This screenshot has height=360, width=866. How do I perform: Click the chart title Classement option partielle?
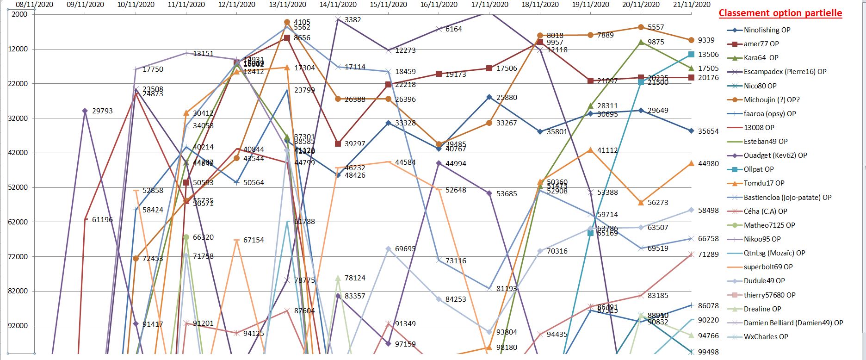click(x=780, y=13)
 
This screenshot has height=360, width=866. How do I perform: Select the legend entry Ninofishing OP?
click(x=767, y=30)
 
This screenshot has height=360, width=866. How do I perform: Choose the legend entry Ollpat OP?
click(x=758, y=169)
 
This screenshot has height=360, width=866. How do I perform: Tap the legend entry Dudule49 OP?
click(x=764, y=281)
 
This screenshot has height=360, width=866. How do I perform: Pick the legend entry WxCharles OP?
click(x=765, y=337)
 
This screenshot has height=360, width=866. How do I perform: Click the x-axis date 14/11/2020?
click(x=338, y=5)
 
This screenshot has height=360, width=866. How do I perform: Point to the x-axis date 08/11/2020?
click(x=34, y=5)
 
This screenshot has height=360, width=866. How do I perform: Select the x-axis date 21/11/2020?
click(x=691, y=5)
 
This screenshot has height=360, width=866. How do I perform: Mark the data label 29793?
click(x=102, y=111)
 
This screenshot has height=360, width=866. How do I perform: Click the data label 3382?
click(x=353, y=20)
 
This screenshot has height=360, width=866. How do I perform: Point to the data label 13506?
click(x=708, y=55)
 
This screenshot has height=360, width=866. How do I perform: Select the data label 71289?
click(x=708, y=254)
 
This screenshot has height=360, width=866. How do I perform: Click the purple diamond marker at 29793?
click(x=85, y=111)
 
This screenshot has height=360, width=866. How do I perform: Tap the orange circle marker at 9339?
click(x=691, y=40)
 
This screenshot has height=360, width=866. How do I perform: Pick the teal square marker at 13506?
click(x=691, y=55)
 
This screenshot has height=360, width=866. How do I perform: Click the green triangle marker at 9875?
click(x=641, y=42)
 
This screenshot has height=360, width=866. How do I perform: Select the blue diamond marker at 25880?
click(x=489, y=97)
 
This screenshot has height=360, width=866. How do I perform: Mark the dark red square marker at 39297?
click(x=338, y=144)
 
